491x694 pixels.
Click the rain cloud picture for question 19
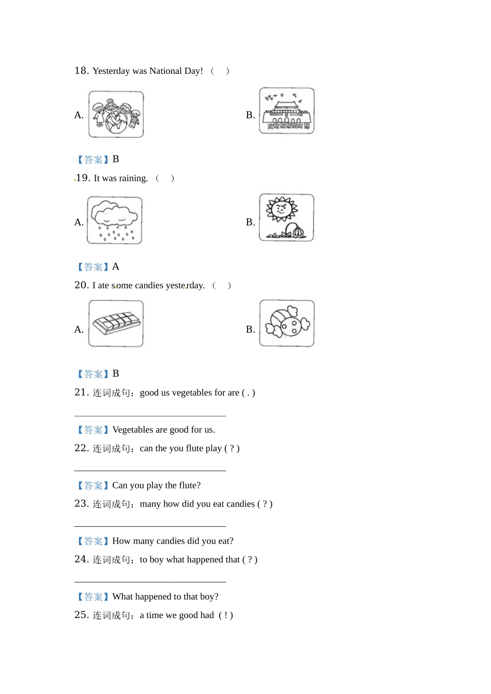pos(115,220)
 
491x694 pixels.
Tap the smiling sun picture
pos(287,217)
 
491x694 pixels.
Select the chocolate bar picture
pos(116,324)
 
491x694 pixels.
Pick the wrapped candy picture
pos(287,323)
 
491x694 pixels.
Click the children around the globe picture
pos(116,114)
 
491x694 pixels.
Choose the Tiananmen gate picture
pos(287,111)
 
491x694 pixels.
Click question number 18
pos(82,71)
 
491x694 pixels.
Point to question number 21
pos(82,392)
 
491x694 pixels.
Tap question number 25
pos(82,615)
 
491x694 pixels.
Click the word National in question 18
pos(165,71)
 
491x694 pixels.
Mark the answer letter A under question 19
pos(116,266)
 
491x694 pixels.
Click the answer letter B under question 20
pos(116,373)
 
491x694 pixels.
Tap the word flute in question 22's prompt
pos(194,448)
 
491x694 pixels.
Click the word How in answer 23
pos(121,541)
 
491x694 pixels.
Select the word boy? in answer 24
pos(209,596)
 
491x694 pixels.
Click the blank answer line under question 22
pos(150,470)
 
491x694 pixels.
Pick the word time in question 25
pos(155,615)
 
